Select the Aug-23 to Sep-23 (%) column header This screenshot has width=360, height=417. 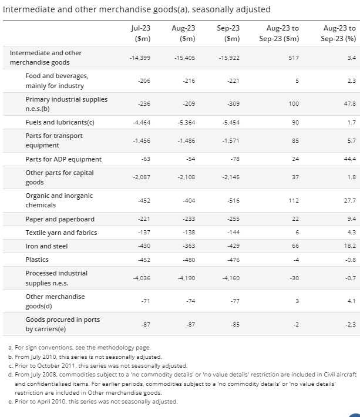(x=339, y=33)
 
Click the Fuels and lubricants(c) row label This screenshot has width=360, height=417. (x=60, y=122)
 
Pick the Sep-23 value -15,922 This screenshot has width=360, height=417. (x=228, y=58)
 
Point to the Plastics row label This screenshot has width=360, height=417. (x=37, y=259)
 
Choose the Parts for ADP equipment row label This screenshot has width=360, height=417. (x=63, y=159)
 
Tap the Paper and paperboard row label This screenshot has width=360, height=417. (x=60, y=219)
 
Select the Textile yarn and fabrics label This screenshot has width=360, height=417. (x=61, y=233)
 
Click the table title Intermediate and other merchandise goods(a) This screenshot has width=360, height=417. (x=137, y=9)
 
